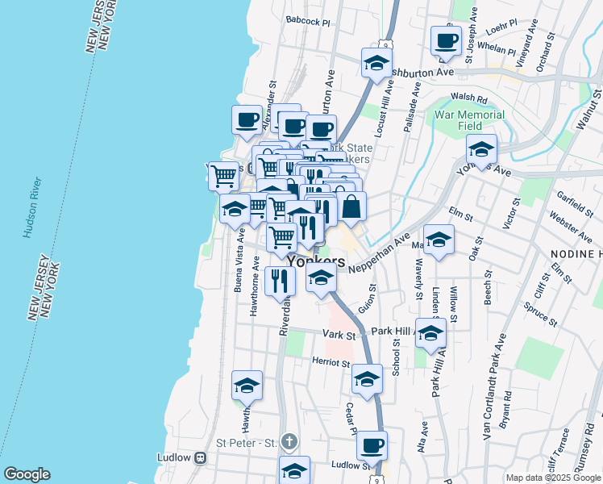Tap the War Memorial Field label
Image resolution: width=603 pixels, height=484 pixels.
click(x=469, y=120)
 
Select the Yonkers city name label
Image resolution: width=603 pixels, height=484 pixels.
click(x=316, y=262)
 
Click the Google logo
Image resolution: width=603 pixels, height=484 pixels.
click(x=27, y=474)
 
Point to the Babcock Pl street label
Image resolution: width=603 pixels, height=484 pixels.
click(x=309, y=22)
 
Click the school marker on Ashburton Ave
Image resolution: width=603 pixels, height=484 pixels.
click(x=375, y=63)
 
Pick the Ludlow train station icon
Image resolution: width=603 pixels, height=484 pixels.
click(x=201, y=457)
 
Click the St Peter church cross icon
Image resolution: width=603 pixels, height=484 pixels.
click(x=290, y=441)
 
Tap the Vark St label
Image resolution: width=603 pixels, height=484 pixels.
click(x=340, y=333)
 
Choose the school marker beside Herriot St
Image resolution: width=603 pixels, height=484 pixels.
click(x=367, y=379)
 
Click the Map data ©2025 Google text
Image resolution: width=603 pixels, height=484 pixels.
click(x=552, y=478)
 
